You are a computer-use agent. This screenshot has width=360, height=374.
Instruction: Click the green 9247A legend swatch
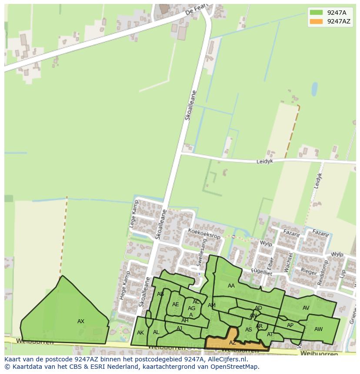tap(316, 12)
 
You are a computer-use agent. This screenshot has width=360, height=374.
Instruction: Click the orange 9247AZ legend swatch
tap(316, 21)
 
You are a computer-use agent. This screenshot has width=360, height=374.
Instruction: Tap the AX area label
tap(81, 321)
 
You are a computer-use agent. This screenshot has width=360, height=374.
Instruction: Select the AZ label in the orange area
tap(233, 343)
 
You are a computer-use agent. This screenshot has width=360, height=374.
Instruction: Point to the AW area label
tap(318, 329)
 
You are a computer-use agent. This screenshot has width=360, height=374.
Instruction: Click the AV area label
tap(306, 308)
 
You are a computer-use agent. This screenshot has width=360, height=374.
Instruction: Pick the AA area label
tap(231, 286)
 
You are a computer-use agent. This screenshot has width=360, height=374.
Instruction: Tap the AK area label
tap(140, 333)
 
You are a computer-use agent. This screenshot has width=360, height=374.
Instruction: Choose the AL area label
tap(156, 333)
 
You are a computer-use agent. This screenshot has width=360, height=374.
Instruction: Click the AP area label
tap(290, 325)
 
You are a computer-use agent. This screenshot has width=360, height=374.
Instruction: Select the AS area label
tap(249, 330)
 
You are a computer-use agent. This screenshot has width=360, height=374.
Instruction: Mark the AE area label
tap(175, 304)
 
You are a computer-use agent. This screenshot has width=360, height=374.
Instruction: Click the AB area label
tap(160, 294)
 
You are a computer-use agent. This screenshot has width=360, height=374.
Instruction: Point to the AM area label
tap(212, 305)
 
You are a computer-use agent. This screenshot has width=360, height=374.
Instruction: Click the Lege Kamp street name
tap(133, 216)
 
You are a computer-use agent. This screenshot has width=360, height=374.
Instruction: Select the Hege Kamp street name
tap(123, 286)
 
